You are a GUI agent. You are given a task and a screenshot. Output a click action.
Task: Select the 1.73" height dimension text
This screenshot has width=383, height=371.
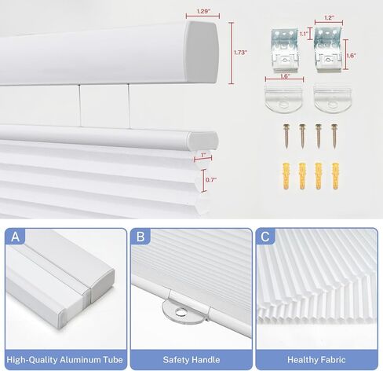(240, 53)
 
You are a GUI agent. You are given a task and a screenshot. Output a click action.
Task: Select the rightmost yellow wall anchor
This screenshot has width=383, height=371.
(336, 177)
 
